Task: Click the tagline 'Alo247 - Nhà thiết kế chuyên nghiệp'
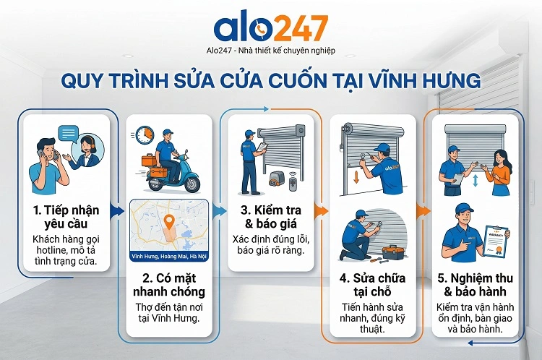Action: (271, 51)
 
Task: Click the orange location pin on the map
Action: (170, 221)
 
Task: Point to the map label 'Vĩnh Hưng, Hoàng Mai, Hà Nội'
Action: (168, 256)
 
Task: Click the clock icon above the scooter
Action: (144, 135)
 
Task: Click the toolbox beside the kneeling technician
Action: (392, 252)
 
